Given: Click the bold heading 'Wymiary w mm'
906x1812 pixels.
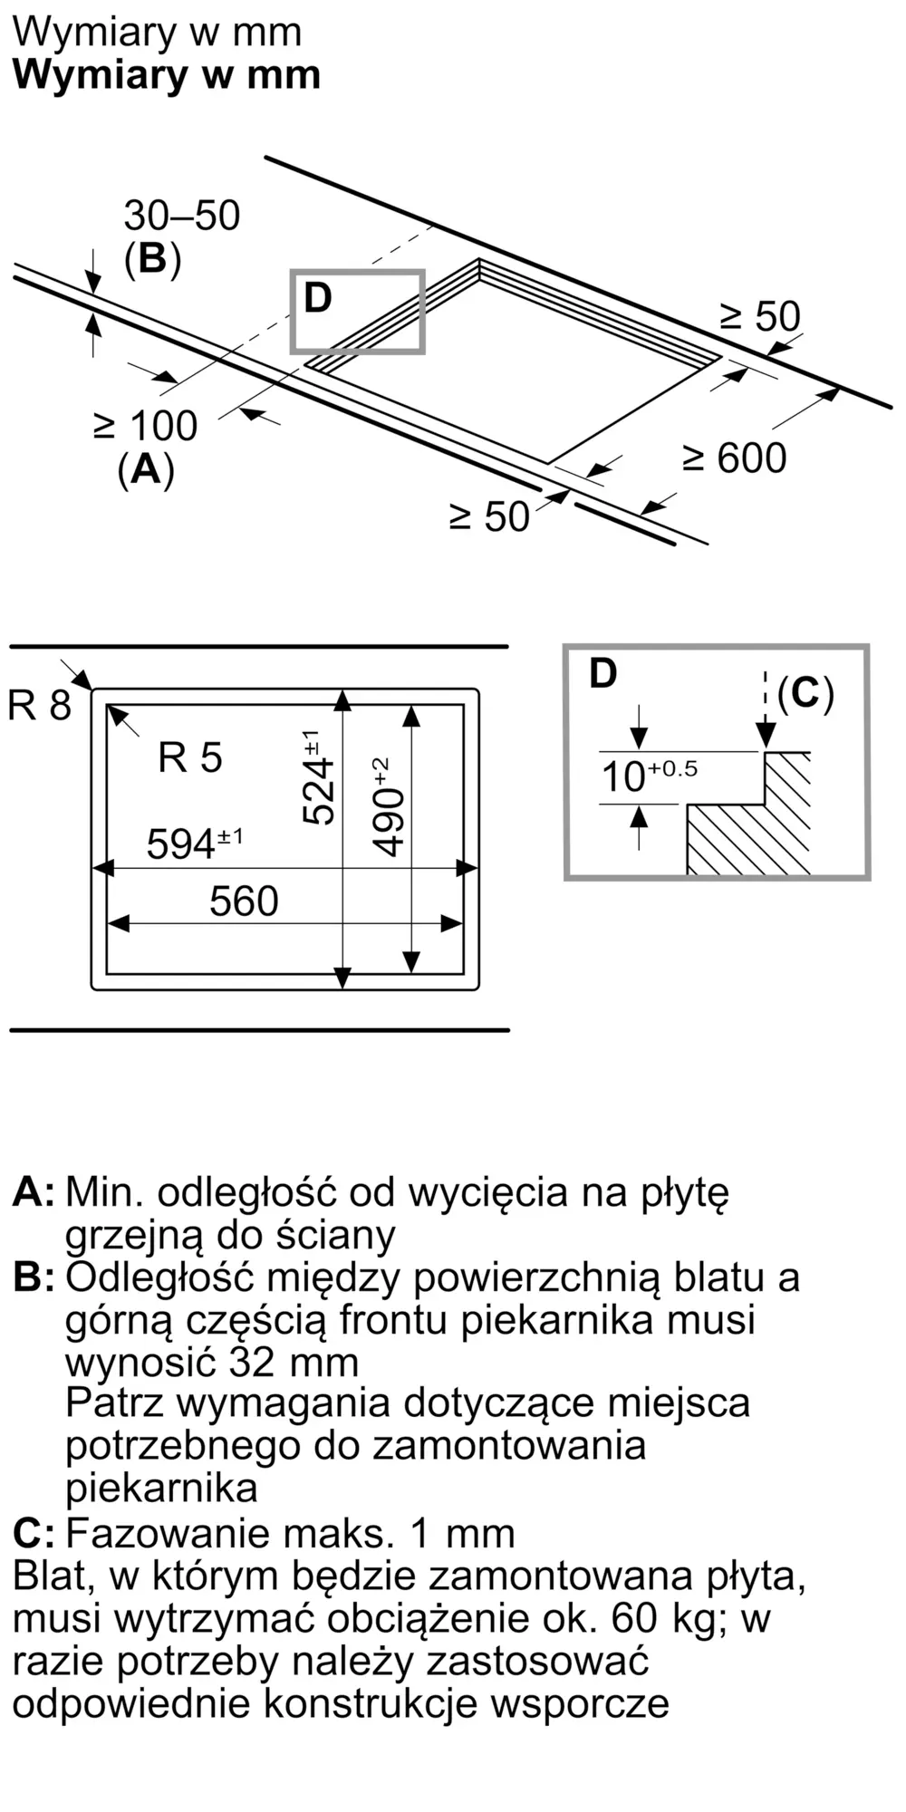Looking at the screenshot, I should pos(167,74).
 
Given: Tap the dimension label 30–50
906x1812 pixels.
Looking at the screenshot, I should pos(181,216).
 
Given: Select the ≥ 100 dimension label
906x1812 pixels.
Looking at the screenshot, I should pos(145,426).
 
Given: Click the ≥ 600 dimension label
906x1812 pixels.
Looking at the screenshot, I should pos(734,458).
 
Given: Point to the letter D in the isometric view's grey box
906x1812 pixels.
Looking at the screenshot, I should pos(318,298).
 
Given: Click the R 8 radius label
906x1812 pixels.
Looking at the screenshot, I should pos(39,706).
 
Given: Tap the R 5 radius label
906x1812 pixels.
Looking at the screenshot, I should pos(189,757).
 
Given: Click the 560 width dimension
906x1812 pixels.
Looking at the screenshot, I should pos(244,901).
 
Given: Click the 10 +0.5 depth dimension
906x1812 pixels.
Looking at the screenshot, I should pos(649,776).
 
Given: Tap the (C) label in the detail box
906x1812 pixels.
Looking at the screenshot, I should pos(805,693).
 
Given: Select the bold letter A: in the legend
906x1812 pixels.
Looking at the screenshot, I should pos(34,1192).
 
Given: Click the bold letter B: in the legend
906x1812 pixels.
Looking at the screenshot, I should pos(34,1277).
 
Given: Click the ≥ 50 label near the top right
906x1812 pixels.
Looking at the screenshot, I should pos(760,317).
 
